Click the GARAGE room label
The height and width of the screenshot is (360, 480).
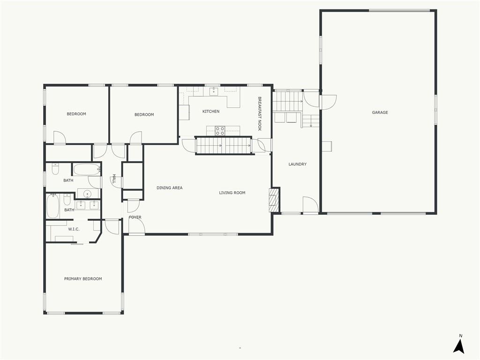(x=380, y=112)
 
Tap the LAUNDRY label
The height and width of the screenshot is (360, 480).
(x=297, y=164)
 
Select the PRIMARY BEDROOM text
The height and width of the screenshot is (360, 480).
(x=83, y=278)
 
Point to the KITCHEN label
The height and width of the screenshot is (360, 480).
(x=211, y=112)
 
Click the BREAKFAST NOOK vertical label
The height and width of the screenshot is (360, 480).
(x=260, y=114)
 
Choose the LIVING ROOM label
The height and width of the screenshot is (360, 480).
(x=232, y=193)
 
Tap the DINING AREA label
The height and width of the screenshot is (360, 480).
(x=170, y=187)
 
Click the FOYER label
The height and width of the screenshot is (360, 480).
(x=135, y=217)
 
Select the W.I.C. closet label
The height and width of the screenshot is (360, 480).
(x=74, y=229)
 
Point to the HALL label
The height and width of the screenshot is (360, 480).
(x=114, y=179)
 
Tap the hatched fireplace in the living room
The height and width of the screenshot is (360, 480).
(x=274, y=200)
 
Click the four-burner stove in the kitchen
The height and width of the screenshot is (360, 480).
(x=220, y=131)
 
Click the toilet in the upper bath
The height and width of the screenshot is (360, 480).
(x=55, y=169)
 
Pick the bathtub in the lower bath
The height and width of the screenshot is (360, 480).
(x=52, y=206)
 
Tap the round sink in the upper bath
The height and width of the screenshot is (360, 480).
(x=88, y=194)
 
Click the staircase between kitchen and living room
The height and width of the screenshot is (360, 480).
(x=224, y=145)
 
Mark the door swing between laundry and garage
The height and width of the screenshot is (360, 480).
(x=328, y=102)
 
